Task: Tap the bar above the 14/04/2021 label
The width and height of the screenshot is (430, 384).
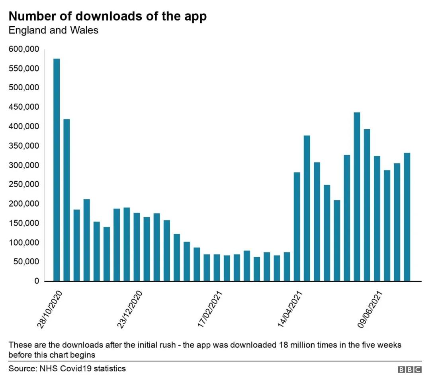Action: (297, 227)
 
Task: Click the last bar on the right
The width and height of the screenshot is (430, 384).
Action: (407, 217)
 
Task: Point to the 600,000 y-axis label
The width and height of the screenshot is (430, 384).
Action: (24, 49)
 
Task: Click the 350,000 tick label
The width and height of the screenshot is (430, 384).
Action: (24, 146)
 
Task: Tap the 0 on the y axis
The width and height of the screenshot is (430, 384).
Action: (36, 281)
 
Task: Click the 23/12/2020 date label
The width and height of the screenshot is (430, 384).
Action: (129, 309)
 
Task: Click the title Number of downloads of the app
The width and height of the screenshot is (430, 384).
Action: (107, 16)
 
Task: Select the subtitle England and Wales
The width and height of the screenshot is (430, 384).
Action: (53, 30)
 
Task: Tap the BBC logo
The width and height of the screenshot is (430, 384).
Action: (410, 370)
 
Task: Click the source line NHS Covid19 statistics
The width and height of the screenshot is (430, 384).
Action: (67, 368)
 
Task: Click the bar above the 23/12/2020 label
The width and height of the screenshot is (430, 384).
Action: (137, 247)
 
